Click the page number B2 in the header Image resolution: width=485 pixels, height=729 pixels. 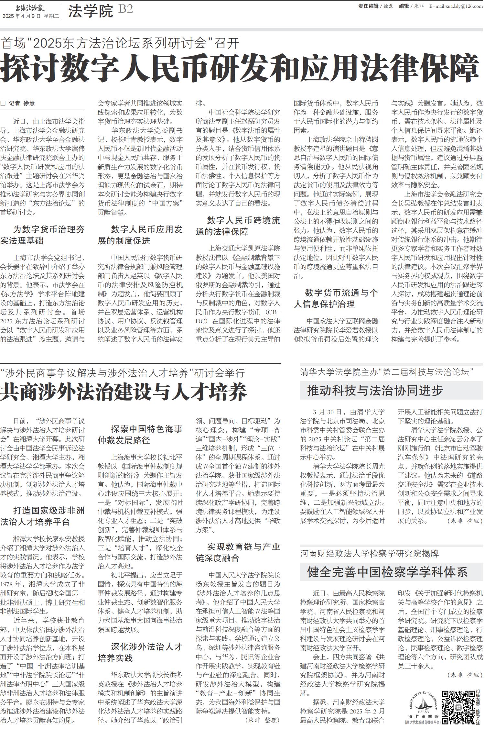pos(125,9)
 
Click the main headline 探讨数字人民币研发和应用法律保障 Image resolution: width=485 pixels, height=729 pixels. pos(239,68)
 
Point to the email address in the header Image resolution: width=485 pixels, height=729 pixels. pos(456,6)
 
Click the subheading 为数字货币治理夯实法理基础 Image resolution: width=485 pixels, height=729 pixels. pos(43,235)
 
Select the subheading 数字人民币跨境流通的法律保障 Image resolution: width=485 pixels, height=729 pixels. pos(238,226)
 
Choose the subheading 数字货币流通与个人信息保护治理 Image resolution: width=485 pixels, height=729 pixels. pos(336,298)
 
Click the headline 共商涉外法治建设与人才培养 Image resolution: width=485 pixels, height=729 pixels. pos(124,392)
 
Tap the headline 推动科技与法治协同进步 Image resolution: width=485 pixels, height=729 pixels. pos(375,391)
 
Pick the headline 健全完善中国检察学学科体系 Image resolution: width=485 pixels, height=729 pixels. pos(387,572)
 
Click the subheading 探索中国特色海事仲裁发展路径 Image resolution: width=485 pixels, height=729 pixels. pos(140,435)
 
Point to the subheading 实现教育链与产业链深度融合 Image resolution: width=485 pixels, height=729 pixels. pos(238,552)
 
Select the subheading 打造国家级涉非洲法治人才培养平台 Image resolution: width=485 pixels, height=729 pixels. pos(43,516)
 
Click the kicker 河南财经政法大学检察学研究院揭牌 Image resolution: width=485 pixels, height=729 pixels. pos(369,554)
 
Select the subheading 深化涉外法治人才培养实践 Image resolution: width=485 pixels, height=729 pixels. pos(140,652)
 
